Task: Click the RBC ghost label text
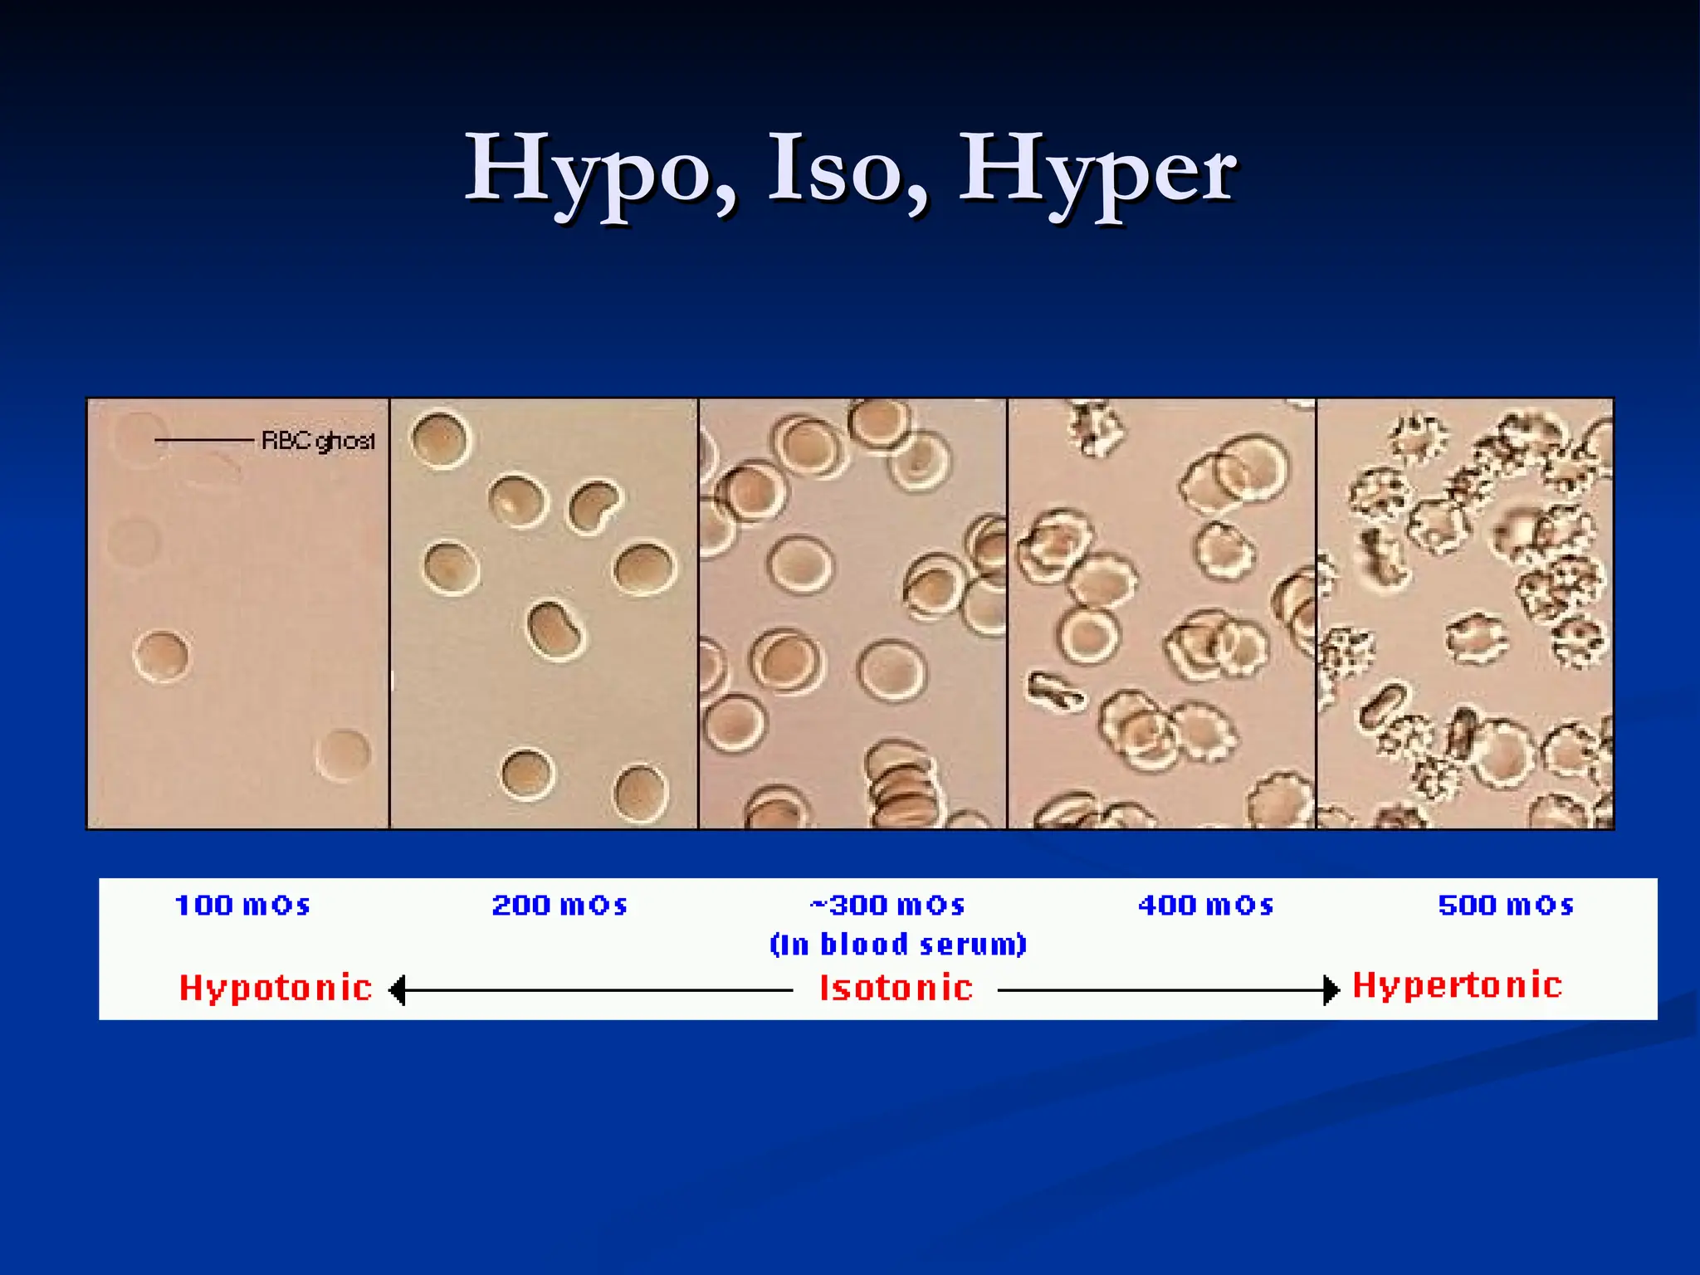click(x=318, y=440)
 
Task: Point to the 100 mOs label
click(x=242, y=905)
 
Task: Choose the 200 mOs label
click(x=559, y=905)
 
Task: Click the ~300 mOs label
click(x=887, y=905)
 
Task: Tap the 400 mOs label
click(x=1205, y=905)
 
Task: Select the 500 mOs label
click(x=1506, y=905)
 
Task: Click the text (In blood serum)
click(x=898, y=945)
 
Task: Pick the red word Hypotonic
click(x=276, y=988)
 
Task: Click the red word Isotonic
click(x=896, y=988)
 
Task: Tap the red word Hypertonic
click(x=1458, y=985)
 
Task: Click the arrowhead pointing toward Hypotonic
click(x=398, y=990)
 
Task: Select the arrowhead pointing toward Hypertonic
click(x=1331, y=990)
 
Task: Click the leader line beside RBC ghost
click(x=204, y=440)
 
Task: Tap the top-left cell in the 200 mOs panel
click(x=440, y=440)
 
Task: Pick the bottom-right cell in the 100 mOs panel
click(x=344, y=754)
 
